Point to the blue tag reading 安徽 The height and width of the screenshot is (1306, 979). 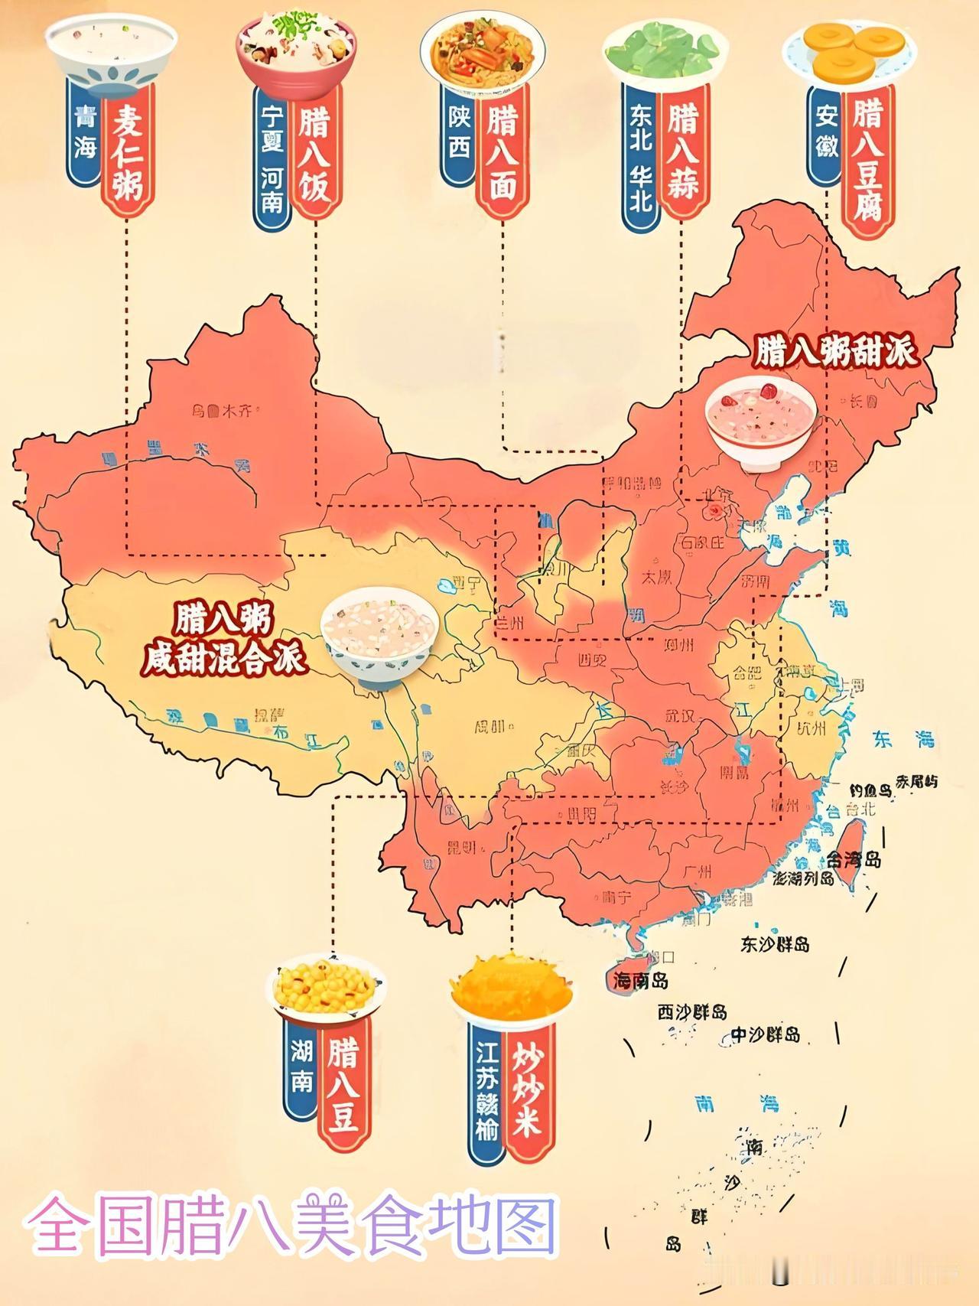[x=826, y=132]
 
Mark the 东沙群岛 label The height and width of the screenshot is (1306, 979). [x=775, y=945]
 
